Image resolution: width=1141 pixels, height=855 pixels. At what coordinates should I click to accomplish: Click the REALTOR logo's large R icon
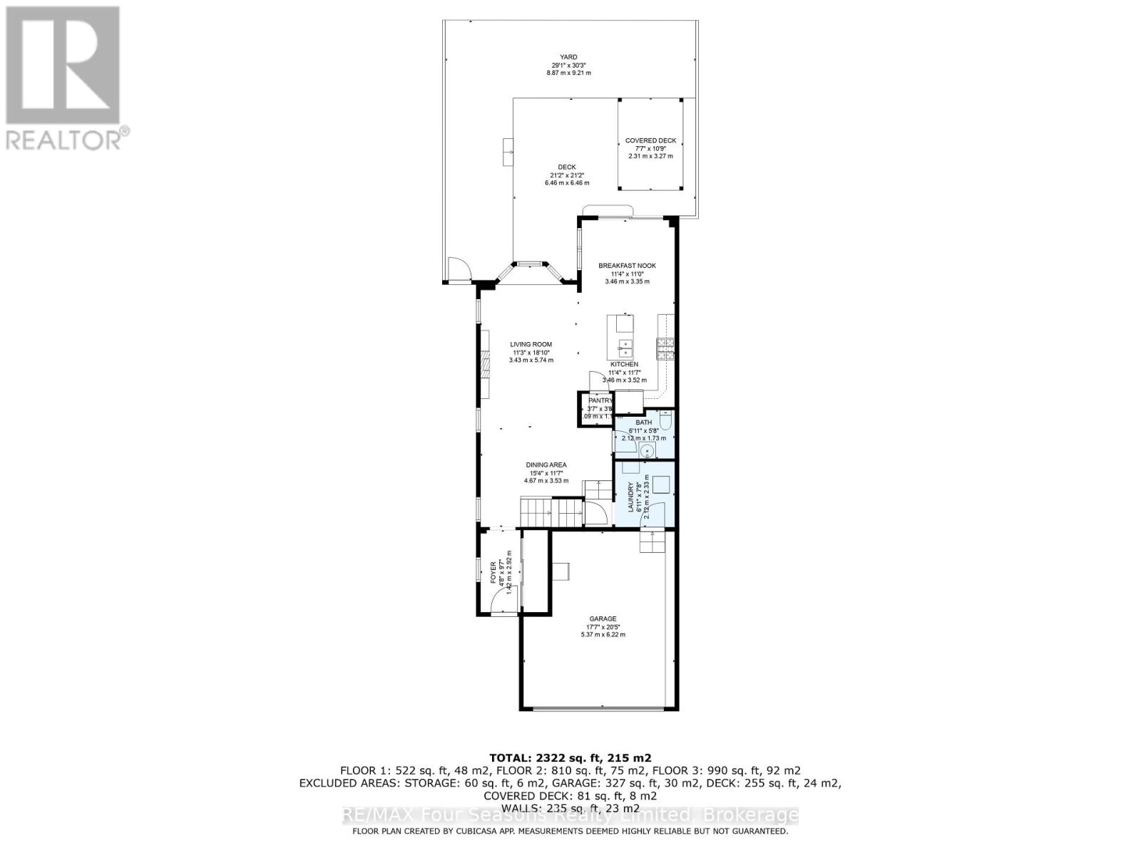click(x=62, y=65)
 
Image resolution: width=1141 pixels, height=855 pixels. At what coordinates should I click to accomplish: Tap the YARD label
click(x=568, y=57)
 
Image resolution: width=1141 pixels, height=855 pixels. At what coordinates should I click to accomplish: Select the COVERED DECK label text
click(x=650, y=140)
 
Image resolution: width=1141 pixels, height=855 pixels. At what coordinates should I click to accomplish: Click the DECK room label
click(x=567, y=167)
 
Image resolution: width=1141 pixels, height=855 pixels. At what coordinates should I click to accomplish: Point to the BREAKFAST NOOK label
click(x=627, y=266)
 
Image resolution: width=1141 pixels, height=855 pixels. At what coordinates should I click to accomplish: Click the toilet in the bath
click(x=665, y=423)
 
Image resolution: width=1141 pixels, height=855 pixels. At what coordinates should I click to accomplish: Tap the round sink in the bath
click(x=648, y=451)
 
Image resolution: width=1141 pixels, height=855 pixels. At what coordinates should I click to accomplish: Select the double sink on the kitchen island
click(x=625, y=349)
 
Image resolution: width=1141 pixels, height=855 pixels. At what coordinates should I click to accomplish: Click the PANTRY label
click(x=600, y=401)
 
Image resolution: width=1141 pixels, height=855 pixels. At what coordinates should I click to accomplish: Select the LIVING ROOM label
click(x=531, y=344)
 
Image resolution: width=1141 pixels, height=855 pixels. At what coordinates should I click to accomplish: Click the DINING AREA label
click(x=546, y=465)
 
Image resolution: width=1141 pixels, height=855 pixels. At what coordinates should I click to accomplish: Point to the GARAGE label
click(x=603, y=618)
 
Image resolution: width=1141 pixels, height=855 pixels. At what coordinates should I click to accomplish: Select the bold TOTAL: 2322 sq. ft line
click(x=570, y=757)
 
